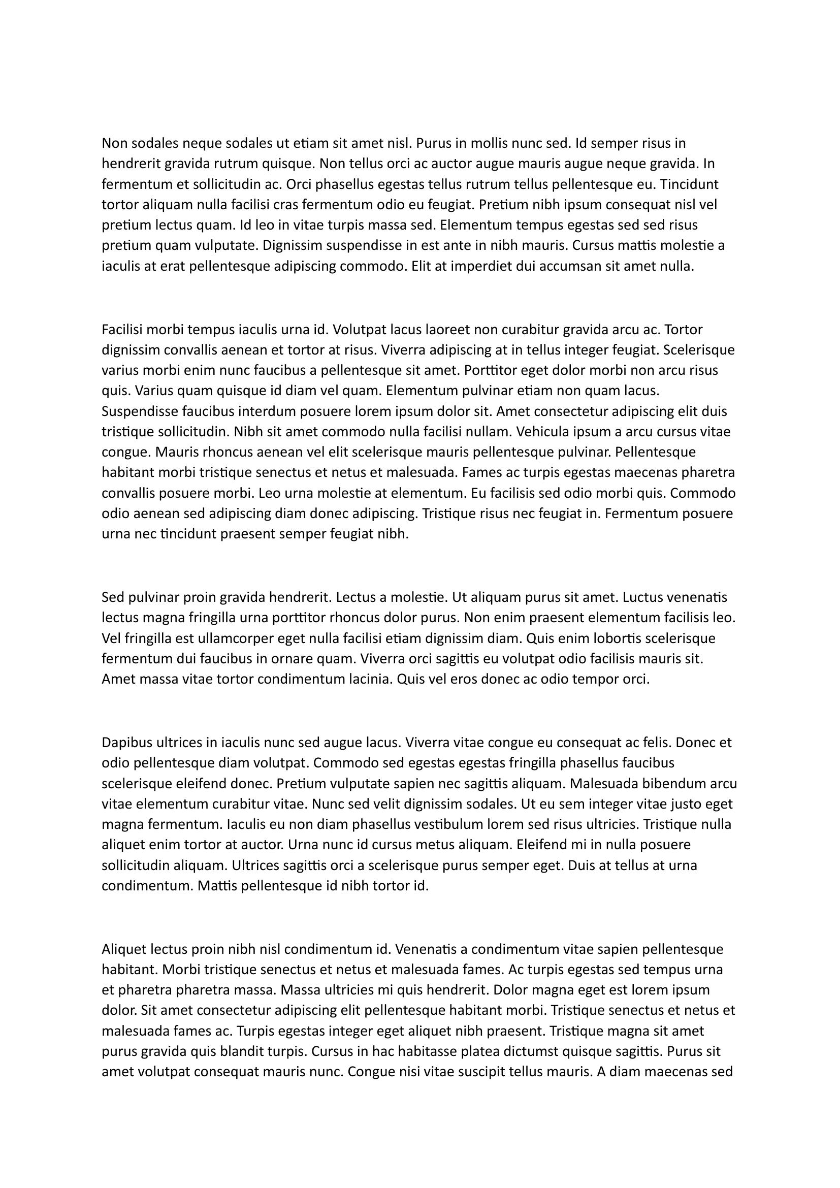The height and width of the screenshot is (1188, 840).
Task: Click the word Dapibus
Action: coord(125,743)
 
